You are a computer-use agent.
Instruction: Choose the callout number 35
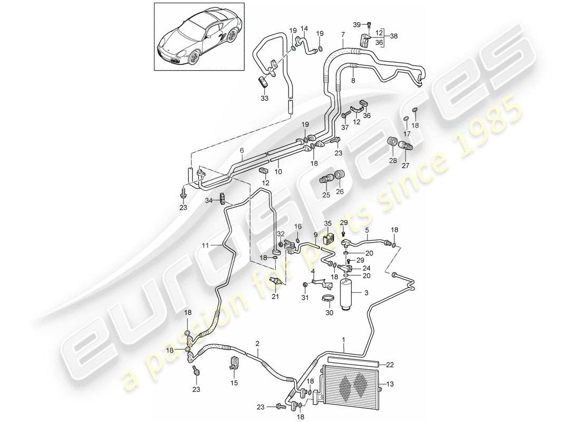point(327,224)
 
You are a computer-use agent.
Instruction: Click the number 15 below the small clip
point(234,382)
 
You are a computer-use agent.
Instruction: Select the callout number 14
point(303,28)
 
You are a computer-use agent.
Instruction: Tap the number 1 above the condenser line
point(344,340)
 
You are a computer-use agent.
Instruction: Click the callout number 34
point(209,200)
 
